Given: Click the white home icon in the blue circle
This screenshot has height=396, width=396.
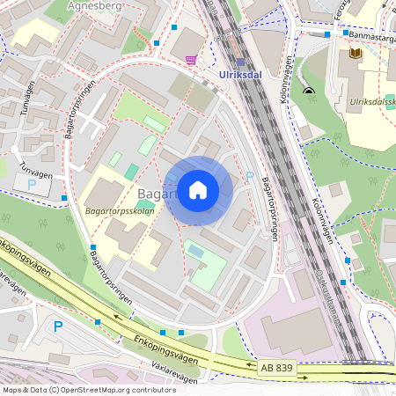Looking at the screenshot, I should tap(198, 190).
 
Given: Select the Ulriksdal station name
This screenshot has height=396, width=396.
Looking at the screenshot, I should tap(240, 76).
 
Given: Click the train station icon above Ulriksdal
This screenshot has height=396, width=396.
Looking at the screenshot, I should tap(240, 62).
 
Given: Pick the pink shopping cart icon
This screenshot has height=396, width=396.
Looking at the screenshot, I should tap(191, 60).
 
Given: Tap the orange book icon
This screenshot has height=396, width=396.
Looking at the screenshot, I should tap(356, 54).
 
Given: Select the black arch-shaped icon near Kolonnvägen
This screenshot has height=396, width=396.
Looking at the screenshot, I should tap(308, 90).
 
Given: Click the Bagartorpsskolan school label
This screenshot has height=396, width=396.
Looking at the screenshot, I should tap(120, 211).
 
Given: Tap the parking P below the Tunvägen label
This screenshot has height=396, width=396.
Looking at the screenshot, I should tap(32, 186).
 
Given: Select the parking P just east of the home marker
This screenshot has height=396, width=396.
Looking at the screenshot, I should tap(250, 177).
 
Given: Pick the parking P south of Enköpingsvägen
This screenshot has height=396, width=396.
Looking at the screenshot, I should tap(58, 326).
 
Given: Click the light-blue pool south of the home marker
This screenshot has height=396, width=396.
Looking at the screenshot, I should tap(195, 253).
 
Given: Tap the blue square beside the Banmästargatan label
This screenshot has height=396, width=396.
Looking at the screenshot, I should tap(326, 35).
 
